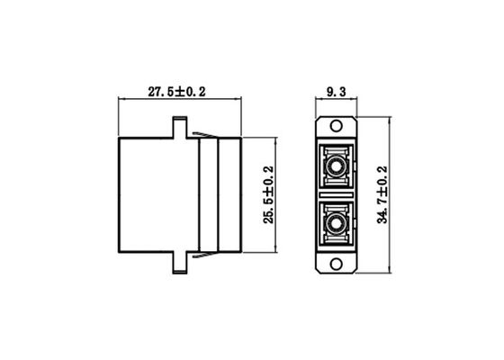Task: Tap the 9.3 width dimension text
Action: [337, 91]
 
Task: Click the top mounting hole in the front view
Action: [338, 128]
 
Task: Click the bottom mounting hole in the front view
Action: [338, 264]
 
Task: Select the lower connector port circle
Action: [338, 222]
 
